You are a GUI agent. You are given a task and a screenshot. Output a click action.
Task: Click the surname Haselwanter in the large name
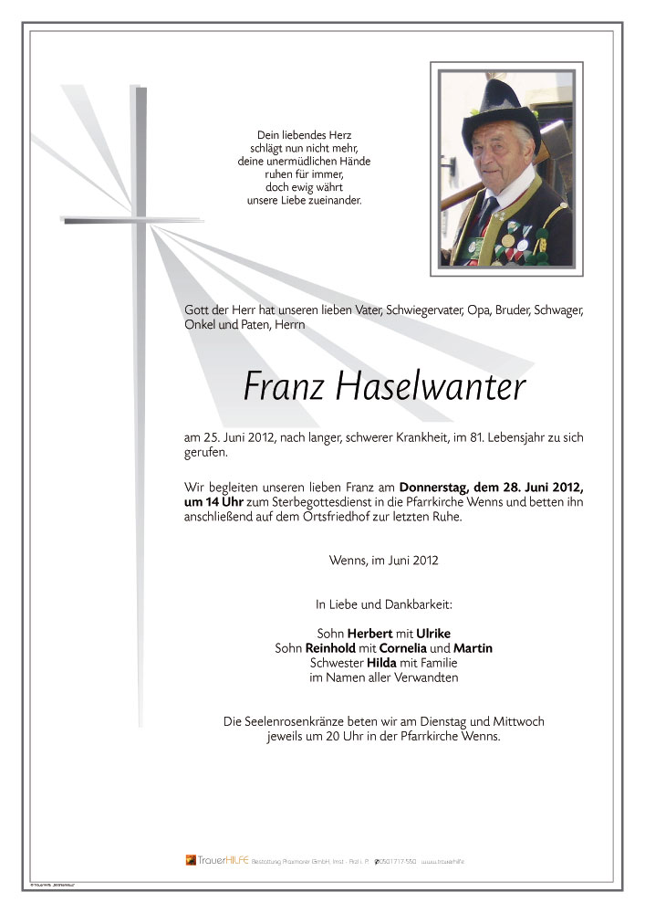(x=432, y=388)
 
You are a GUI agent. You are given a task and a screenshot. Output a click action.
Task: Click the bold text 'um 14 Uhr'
(x=213, y=502)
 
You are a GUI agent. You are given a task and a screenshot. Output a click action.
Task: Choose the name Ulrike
(x=432, y=633)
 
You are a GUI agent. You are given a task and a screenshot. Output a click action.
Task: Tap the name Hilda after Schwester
(x=384, y=662)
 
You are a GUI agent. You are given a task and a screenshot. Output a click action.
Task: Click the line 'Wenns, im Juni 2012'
(x=383, y=560)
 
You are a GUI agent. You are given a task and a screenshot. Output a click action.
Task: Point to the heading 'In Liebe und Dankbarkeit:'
(x=383, y=603)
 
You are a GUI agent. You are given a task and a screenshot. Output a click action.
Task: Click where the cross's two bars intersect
(x=140, y=219)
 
